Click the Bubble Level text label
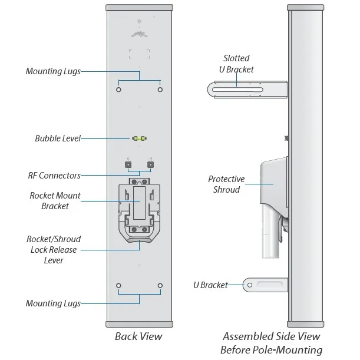(x=57, y=139)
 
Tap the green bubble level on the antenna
(x=139, y=139)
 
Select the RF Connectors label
(x=54, y=175)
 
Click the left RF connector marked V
(x=128, y=165)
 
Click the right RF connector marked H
(x=150, y=165)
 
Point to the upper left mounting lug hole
(x=119, y=90)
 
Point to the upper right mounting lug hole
(x=160, y=90)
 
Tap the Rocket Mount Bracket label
(x=55, y=201)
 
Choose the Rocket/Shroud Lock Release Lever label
(x=53, y=250)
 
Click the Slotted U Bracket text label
(x=238, y=64)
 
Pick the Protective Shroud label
(x=226, y=184)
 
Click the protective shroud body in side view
(x=271, y=180)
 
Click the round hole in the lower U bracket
(x=249, y=285)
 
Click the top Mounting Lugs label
(x=52, y=71)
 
